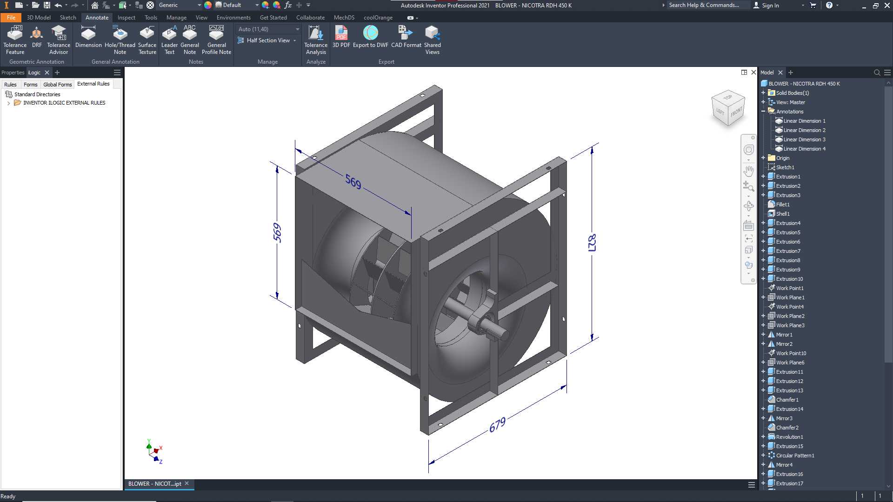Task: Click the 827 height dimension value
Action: (592, 243)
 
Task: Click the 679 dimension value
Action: (497, 425)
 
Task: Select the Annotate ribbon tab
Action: (97, 18)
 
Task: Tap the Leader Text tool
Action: (169, 40)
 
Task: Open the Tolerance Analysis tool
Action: (316, 40)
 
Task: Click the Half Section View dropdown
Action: (267, 40)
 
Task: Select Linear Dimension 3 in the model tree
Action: (804, 139)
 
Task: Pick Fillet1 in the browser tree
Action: (782, 205)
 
